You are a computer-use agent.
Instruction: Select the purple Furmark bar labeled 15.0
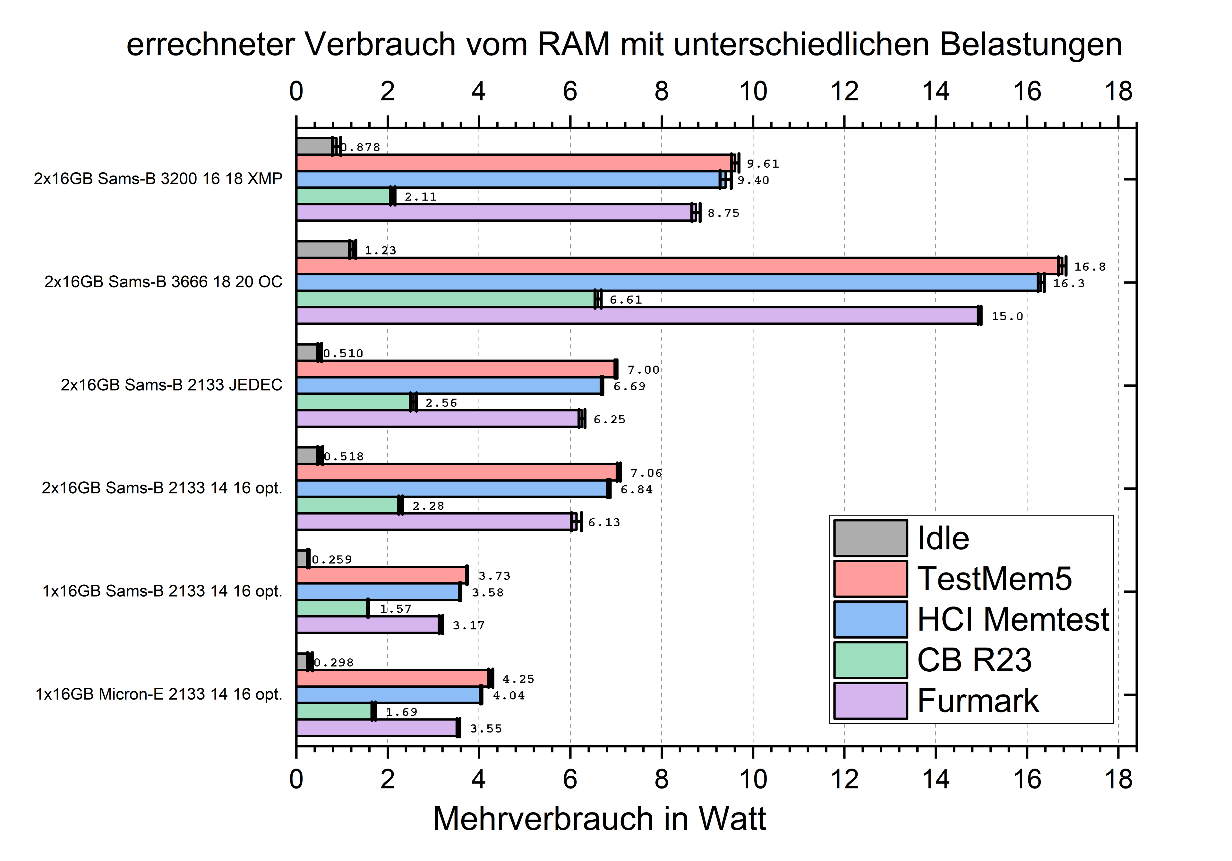click(x=637, y=316)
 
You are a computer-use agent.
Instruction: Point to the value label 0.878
click(x=361, y=147)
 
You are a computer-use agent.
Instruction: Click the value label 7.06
click(x=646, y=473)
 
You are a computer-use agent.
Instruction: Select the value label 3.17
click(x=468, y=625)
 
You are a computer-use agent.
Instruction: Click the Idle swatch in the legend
click(x=870, y=538)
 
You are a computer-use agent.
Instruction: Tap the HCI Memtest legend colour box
click(x=870, y=619)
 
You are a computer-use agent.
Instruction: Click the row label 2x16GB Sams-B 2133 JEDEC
click(x=171, y=385)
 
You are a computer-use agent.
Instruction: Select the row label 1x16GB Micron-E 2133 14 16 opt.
click(x=159, y=694)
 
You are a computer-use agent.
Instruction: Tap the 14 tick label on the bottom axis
click(x=935, y=779)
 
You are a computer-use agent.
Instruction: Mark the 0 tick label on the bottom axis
click(x=296, y=779)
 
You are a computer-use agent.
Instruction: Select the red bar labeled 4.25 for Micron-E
click(x=393, y=678)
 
